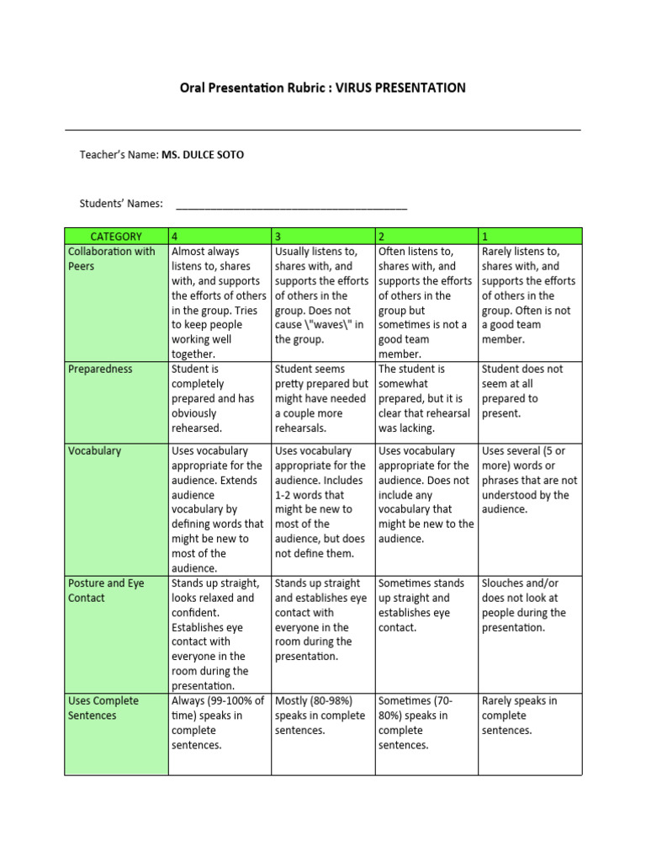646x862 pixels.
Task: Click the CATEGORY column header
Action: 116,237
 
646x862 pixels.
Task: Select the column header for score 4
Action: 219,237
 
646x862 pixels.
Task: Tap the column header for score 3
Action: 322,237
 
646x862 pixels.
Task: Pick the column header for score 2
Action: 426,237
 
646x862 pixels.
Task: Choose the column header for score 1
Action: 529,237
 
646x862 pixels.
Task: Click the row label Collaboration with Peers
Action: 111,258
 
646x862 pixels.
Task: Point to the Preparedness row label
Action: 99,369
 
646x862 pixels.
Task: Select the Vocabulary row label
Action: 94,450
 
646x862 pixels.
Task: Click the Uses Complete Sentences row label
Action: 104,708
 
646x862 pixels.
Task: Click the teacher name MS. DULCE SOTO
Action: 203,155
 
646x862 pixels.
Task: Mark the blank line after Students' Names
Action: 291,205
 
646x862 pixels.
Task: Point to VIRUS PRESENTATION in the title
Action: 400,88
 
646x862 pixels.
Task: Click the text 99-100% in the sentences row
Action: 230,700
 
